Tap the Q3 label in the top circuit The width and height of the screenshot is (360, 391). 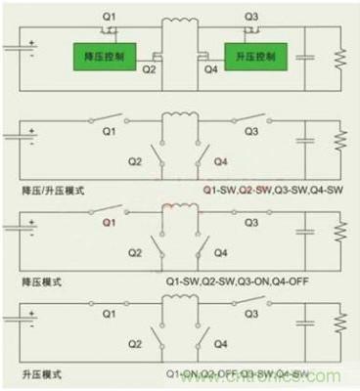251,17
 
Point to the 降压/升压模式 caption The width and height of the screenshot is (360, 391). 46,187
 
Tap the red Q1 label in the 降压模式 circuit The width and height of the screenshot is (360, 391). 108,222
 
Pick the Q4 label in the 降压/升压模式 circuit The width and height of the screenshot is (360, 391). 219,162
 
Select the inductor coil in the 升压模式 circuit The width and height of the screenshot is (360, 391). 180,310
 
